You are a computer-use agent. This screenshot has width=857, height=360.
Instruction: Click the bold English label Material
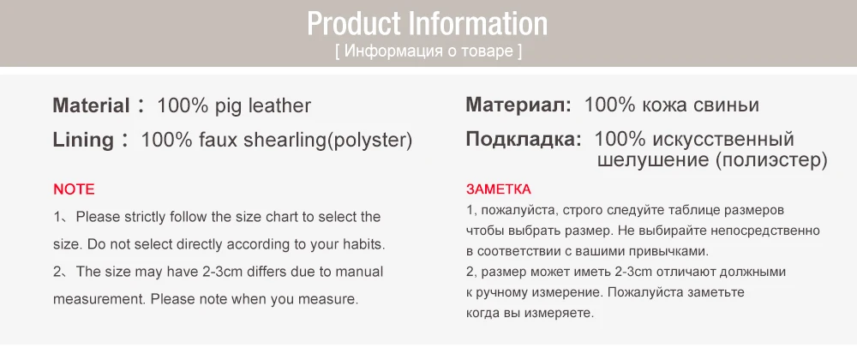[x=90, y=106]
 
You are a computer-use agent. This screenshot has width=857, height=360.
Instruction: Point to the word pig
[x=227, y=106]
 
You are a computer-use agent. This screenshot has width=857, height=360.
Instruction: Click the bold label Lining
[x=83, y=140]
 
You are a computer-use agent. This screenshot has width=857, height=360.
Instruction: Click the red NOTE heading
[x=74, y=189]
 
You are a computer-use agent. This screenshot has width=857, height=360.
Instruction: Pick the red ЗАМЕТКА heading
[x=499, y=189]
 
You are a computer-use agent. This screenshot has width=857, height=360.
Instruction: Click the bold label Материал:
[x=518, y=106]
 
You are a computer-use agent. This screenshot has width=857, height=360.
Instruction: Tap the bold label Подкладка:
[x=524, y=139]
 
